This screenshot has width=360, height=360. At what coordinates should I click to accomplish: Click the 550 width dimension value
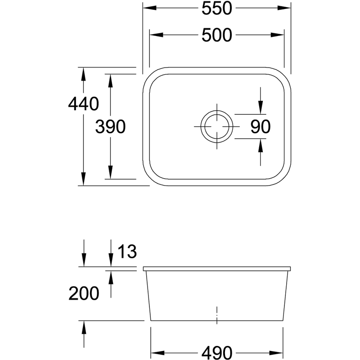pos(217,8)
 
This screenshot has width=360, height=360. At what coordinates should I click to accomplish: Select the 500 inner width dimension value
pos(217,35)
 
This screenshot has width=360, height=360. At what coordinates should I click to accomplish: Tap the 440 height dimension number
pos(84,104)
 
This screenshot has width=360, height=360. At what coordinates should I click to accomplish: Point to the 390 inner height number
pos(110,126)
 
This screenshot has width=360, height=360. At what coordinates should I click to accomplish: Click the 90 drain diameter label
pos(261,126)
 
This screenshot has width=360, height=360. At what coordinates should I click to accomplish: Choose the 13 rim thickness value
pos(127,251)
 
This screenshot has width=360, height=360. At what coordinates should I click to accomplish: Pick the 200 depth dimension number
pos(84,293)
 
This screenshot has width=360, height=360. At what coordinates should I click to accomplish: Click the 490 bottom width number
pos(217,352)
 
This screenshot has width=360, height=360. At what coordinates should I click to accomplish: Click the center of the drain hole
pos(217,126)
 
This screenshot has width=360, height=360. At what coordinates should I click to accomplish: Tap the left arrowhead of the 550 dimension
pos(150,8)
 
